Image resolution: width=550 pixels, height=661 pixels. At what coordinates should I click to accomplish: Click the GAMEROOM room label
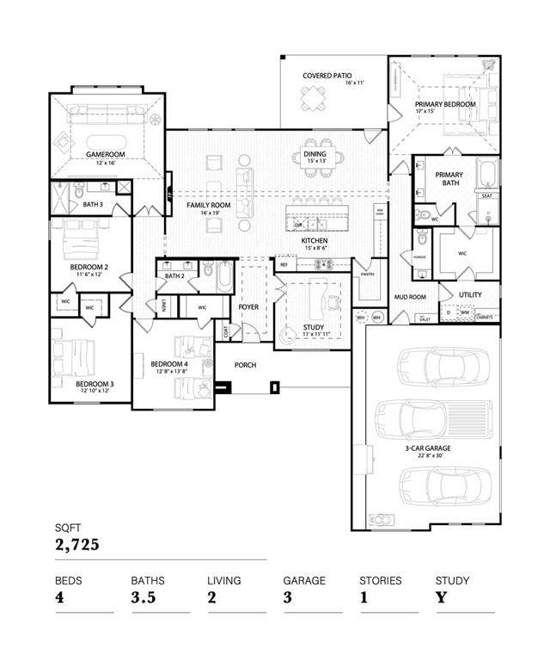tap(106, 154)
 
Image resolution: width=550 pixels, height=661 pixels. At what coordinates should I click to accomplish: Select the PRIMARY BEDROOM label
tap(444, 102)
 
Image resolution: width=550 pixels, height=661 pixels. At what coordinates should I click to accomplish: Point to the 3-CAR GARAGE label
tap(427, 448)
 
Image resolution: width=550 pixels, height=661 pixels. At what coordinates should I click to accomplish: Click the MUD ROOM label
tap(411, 298)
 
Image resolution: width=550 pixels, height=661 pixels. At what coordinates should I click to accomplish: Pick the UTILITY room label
tap(470, 295)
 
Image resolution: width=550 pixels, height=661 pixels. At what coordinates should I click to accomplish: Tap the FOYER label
tap(248, 306)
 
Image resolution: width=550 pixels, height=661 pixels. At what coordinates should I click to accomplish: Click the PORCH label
tap(245, 365)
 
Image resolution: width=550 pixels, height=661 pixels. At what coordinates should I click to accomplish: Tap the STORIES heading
tap(380, 581)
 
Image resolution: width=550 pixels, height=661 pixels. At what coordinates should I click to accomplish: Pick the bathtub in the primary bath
tap(487, 173)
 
